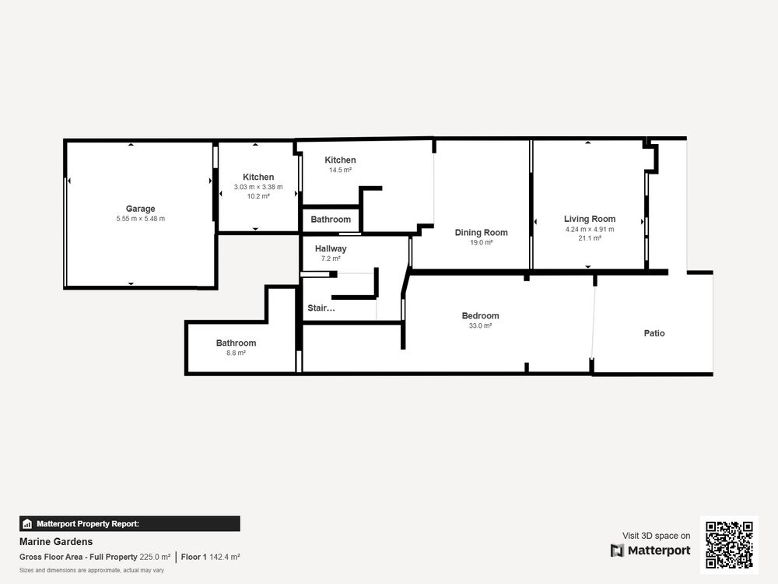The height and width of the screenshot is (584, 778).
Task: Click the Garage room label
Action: click(x=140, y=209)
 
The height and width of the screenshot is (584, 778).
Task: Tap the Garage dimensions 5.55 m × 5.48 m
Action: click(x=140, y=219)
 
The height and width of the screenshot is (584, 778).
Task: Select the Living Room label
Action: click(x=590, y=219)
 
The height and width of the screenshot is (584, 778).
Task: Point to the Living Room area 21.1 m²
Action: click(x=590, y=238)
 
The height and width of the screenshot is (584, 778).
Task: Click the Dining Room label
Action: click(x=482, y=232)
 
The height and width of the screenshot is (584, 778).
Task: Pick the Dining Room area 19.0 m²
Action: click(x=482, y=243)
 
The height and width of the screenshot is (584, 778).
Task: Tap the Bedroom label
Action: click(x=480, y=316)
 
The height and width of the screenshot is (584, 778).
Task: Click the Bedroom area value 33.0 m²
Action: click(x=480, y=325)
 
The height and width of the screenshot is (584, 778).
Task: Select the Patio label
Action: click(x=654, y=333)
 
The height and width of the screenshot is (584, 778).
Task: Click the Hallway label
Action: click(x=331, y=249)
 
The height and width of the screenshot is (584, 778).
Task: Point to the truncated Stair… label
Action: click(x=321, y=308)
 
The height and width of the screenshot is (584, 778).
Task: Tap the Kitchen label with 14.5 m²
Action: click(x=340, y=160)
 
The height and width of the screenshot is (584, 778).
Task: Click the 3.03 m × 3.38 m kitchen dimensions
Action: click(x=258, y=187)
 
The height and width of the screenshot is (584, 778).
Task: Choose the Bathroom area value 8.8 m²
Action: click(x=236, y=353)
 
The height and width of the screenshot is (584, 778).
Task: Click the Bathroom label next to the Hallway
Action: click(x=331, y=220)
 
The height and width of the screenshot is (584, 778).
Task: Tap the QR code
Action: click(x=729, y=545)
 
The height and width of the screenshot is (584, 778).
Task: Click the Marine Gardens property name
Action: click(x=56, y=542)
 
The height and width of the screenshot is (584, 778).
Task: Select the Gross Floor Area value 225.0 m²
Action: click(x=155, y=558)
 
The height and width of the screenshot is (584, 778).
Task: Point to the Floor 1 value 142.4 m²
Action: click(x=225, y=558)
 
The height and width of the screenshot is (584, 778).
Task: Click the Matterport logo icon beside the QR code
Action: click(x=617, y=551)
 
